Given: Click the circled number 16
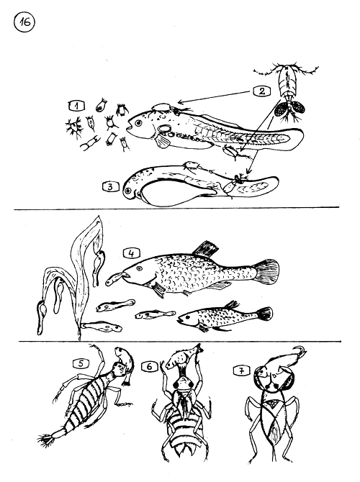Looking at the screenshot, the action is pos(24,22).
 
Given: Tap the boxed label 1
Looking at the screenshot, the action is pos(76,106).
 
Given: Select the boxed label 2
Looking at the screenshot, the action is pos(261,91).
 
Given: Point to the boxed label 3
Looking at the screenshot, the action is pos(111,186).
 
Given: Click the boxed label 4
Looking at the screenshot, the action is pos(132,253).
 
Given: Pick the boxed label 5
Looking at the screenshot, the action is pos(81,363).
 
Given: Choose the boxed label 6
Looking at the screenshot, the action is pos(149,366).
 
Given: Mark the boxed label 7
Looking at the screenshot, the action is pos(241,370).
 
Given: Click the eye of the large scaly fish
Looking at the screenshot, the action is pos(139,268).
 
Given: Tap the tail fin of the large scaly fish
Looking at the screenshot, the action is pos(267,271).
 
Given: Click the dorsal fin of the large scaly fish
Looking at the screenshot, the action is pos(205,249).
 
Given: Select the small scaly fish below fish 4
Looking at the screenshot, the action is pos(225,317).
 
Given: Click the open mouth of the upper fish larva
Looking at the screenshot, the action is pos(129,125).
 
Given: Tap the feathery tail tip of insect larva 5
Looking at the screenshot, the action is pos(46,440).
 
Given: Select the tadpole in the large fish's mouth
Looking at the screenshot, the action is pos(115,278).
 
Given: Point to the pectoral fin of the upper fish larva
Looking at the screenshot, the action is pos(162,142).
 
